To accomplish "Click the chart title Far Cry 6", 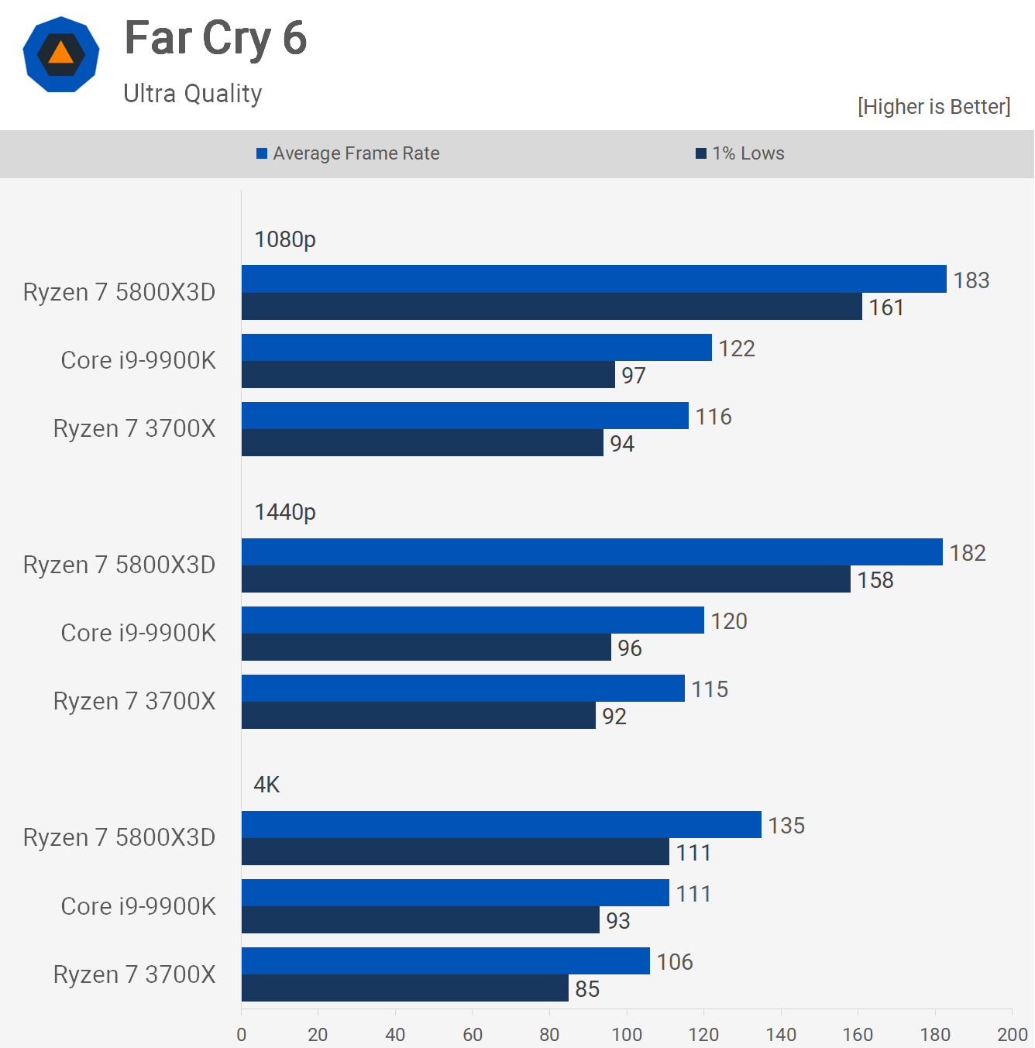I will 215,39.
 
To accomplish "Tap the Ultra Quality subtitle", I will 193,94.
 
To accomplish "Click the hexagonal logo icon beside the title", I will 61,54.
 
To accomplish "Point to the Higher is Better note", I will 934,107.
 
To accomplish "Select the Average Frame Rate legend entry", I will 349,153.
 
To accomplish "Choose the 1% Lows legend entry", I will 741,153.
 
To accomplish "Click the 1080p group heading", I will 285,239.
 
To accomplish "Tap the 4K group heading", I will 266,785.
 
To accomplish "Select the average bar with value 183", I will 593,279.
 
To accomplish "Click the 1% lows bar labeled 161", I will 552,307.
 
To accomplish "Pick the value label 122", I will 737,349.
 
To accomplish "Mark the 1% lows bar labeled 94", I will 422,443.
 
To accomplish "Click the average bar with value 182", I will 592,552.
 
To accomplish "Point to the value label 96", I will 630,648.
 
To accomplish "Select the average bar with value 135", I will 501,825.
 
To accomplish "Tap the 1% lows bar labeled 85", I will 405,988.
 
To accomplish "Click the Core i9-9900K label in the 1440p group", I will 139,634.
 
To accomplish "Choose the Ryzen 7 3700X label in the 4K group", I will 135,974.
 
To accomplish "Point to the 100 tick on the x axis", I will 627,1035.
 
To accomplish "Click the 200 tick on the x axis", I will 1012,1035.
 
